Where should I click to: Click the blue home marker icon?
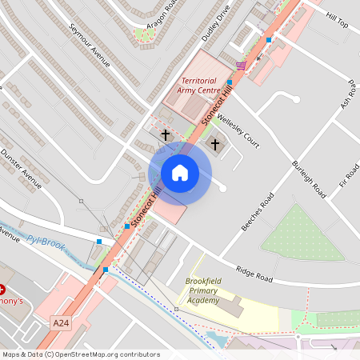(180, 173)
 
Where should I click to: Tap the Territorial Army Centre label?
(200, 86)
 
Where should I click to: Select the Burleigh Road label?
(309, 179)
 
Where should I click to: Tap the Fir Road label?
(350, 174)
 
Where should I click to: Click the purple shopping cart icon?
(241, 65)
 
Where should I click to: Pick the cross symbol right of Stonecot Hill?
(215, 144)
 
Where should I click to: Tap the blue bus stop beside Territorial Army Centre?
(230, 82)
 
